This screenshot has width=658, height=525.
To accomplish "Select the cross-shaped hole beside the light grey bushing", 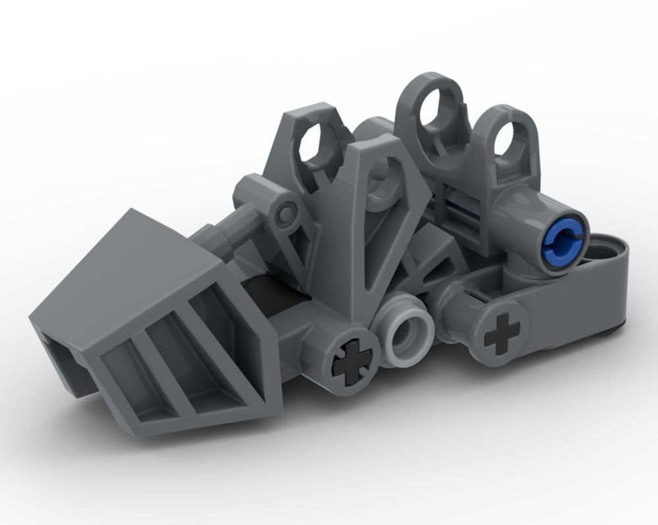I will click(351, 360).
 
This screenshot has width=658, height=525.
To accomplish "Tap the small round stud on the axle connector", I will click(285, 213).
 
